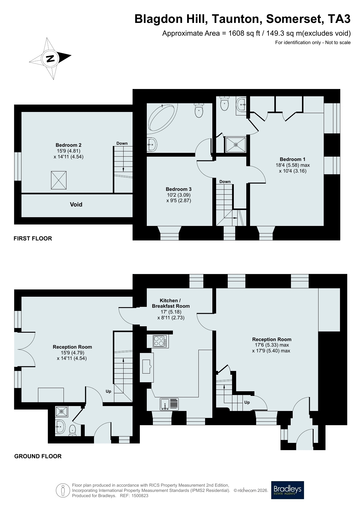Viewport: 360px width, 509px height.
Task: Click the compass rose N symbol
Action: (x=50, y=59)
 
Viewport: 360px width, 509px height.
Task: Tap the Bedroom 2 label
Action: (x=68, y=145)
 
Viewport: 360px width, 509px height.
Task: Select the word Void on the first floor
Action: (x=76, y=204)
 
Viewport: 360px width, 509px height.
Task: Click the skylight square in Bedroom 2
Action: (x=59, y=180)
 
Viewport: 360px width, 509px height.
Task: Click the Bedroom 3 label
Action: (x=179, y=189)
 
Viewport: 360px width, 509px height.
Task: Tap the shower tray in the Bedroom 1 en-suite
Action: (x=236, y=144)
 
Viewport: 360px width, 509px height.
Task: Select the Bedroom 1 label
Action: (x=292, y=159)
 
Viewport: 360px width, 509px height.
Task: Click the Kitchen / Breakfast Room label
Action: (x=171, y=303)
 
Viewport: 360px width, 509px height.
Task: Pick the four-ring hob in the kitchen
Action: (x=160, y=341)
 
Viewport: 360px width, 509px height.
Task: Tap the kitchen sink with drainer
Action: (x=169, y=404)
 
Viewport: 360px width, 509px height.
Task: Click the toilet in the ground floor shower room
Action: (x=73, y=430)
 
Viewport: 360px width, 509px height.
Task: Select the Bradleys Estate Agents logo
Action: (x=287, y=490)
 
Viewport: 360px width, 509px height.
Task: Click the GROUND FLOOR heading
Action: (x=38, y=456)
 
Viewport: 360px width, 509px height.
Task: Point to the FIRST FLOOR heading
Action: (x=33, y=238)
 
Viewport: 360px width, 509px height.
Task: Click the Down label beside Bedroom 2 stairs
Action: (x=122, y=143)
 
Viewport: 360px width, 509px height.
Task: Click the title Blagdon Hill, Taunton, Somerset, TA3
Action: (x=243, y=19)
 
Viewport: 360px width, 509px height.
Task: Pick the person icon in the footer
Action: (x=63, y=490)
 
